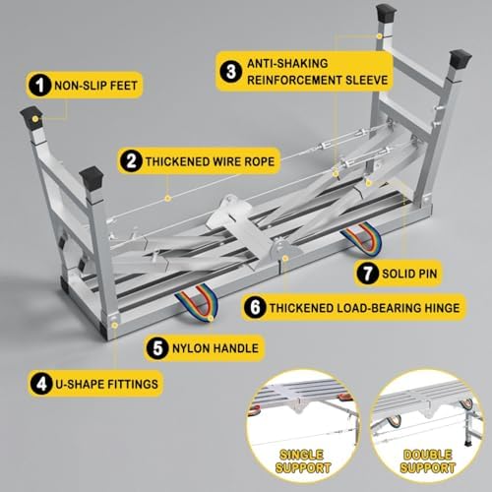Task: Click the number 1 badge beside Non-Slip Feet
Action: (38, 87)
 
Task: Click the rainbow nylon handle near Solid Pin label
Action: (361, 236)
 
